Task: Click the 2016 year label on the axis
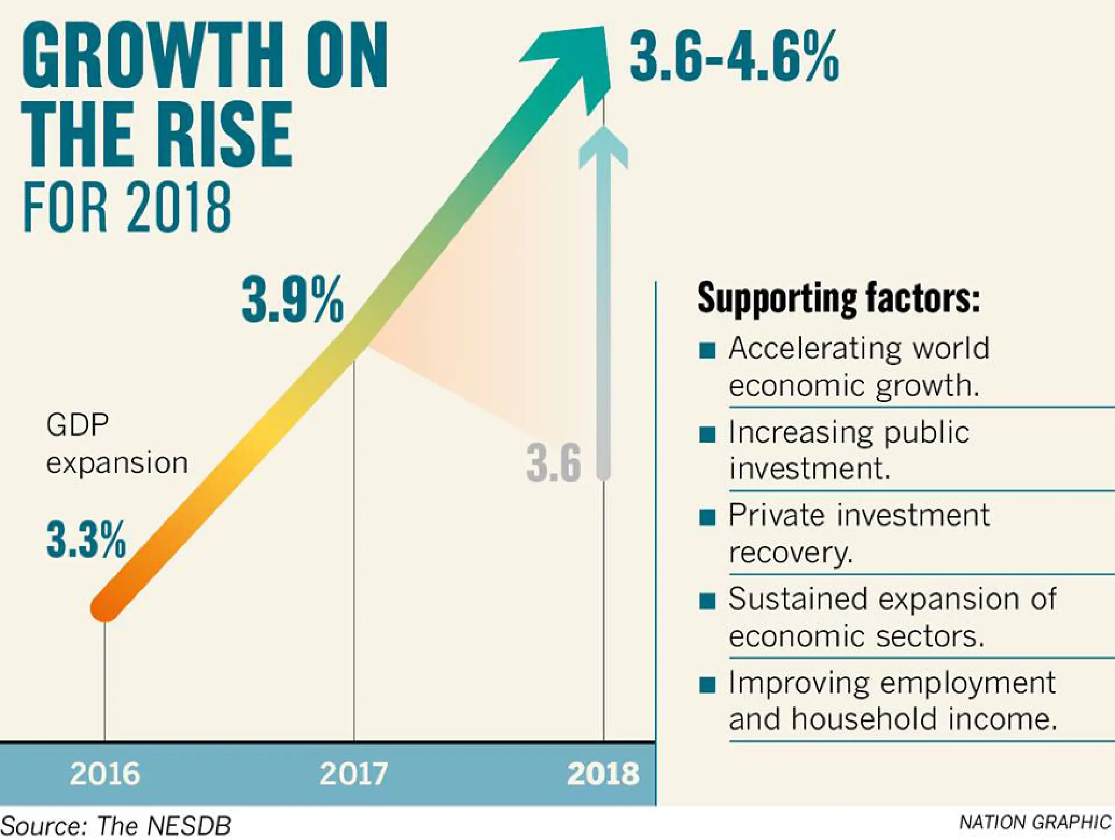tap(105, 774)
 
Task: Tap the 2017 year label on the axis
tap(353, 774)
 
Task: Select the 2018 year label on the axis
tap(603, 774)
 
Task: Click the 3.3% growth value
tap(86, 539)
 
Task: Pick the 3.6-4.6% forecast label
tap(734, 56)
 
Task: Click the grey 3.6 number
tap(554, 462)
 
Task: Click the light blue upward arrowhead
tap(603, 148)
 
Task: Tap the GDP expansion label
tap(116, 444)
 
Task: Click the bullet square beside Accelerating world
tap(707, 350)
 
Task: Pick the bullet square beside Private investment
tap(707, 517)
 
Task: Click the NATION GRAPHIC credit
tap(1035, 822)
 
